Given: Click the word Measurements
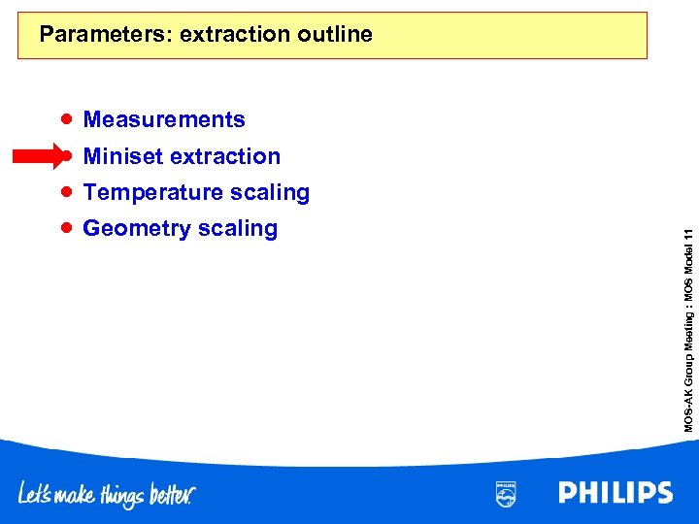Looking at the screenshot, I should tap(164, 119).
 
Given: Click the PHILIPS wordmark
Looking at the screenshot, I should tap(615, 493).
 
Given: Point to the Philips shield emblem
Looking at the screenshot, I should tap(506, 493).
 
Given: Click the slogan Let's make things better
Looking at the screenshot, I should tap(107, 495).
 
